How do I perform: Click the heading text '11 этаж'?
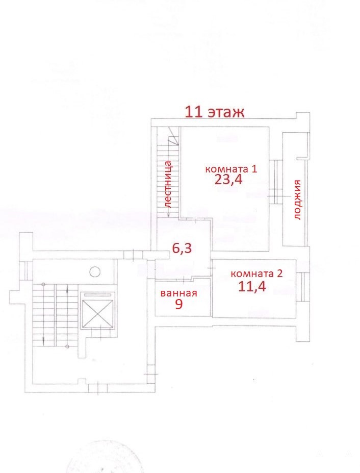click(214, 112)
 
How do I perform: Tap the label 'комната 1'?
click(231, 169)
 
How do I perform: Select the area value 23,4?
click(228, 180)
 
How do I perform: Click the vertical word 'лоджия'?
click(297, 200)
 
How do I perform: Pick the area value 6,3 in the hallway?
click(182, 248)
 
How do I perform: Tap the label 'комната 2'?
click(256, 274)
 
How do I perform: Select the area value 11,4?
click(252, 286)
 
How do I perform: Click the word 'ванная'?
click(179, 293)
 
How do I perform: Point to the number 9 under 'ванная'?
click(179, 305)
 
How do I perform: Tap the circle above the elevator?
click(95, 271)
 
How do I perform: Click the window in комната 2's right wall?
click(303, 287)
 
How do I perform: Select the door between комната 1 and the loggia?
click(275, 182)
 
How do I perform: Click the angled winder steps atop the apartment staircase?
click(174, 136)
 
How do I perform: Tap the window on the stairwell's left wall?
click(25, 270)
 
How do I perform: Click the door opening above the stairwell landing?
click(134, 255)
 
